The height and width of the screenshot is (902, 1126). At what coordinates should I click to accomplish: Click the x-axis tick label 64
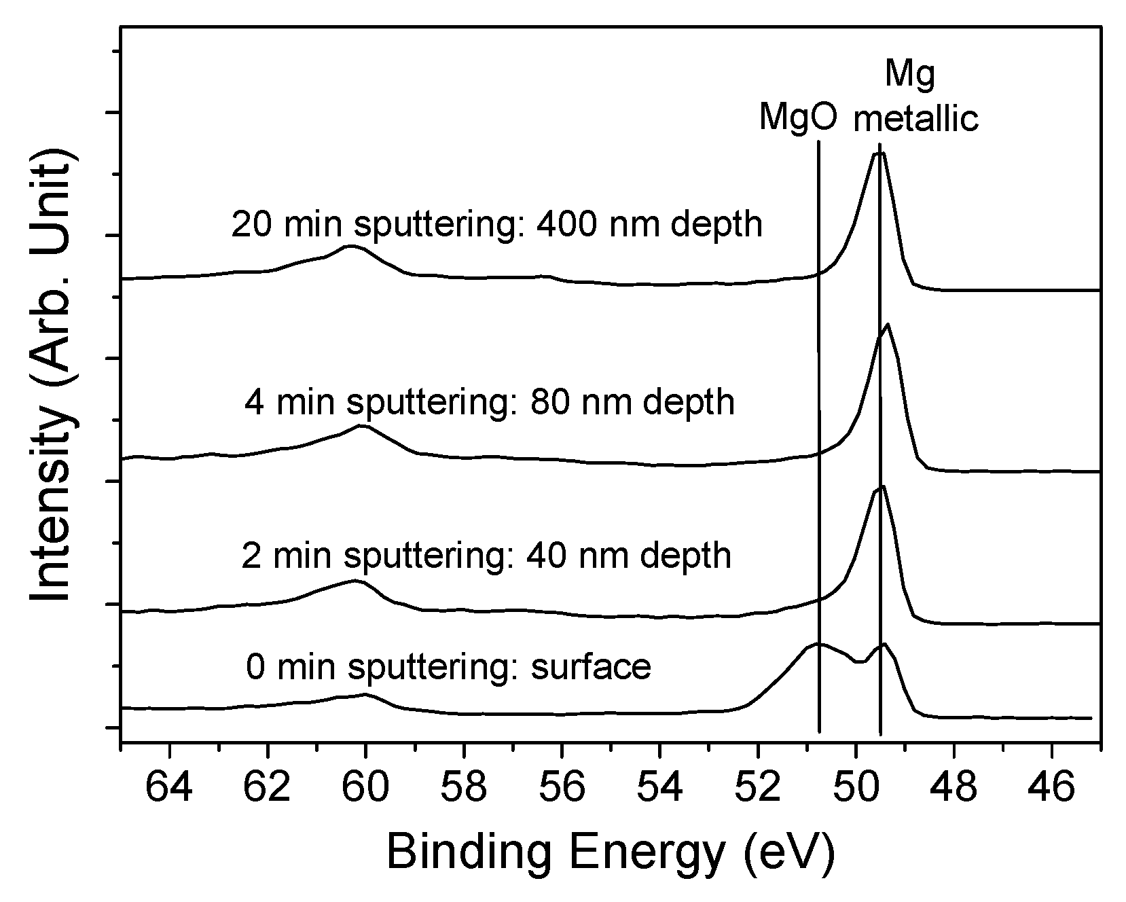(170, 788)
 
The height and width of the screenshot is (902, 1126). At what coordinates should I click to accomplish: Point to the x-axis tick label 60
(366, 788)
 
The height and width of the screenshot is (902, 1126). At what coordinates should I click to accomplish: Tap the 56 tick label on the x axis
(562, 788)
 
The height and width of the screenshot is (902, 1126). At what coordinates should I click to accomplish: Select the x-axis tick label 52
(758, 788)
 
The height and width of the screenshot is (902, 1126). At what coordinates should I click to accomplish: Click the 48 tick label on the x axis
(954, 788)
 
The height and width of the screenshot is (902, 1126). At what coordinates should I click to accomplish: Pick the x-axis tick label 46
(1052, 788)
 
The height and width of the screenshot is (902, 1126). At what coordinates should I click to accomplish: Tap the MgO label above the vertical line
(797, 117)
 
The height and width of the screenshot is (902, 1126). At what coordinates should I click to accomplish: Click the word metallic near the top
(915, 118)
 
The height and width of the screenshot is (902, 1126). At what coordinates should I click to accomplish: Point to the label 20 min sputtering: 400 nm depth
(496, 225)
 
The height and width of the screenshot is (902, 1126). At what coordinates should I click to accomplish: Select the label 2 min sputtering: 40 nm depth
(486, 556)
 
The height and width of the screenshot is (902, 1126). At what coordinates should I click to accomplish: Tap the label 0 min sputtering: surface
(448, 666)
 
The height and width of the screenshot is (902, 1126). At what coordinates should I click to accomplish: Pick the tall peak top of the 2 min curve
(882, 487)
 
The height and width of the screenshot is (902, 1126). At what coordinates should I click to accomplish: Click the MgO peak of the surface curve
(820, 644)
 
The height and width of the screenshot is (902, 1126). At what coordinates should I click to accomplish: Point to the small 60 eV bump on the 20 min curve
(350, 246)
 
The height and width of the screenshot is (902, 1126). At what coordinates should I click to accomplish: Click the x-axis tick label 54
(659, 788)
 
